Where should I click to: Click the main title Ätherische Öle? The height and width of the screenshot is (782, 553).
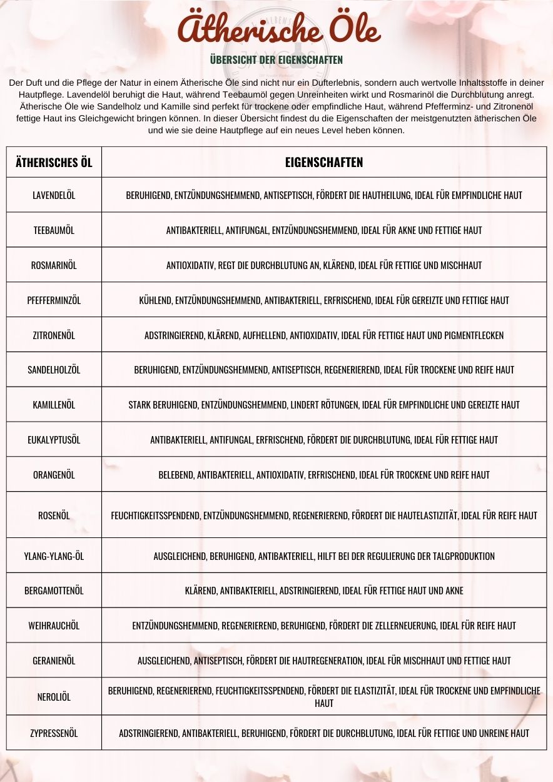pos(278,29)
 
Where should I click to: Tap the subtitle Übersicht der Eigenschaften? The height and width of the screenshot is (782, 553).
pos(276,60)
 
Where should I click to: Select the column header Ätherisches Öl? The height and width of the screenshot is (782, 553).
pos(54,163)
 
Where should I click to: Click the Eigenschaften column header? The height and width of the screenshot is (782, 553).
pos(323,163)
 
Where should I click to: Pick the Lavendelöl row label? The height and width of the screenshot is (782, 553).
pos(54,195)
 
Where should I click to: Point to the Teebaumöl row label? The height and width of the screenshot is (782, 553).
pos(54,230)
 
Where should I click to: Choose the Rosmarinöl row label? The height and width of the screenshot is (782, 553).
pos(54,265)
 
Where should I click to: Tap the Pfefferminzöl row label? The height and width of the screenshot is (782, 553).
pos(54,300)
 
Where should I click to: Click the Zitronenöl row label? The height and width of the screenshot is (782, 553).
pos(54,335)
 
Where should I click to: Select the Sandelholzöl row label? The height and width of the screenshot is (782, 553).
pos(54,370)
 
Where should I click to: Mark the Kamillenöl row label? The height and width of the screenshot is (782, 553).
pos(54,405)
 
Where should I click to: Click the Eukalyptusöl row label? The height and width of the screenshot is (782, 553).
pos(54,440)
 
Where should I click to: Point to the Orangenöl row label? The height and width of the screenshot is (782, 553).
pos(54,475)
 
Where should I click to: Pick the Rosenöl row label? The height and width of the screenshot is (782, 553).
pos(54,515)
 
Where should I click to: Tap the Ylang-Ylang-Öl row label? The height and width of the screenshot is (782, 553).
pos(54,556)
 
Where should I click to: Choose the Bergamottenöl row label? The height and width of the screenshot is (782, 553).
pos(54,591)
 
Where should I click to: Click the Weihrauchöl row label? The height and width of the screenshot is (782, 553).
pos(54,626)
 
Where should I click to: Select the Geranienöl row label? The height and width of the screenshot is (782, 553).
pos(54,661)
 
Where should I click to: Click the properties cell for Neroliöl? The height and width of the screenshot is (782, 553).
pos(323,697)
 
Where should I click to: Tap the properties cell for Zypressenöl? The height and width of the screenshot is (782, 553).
pos(323,733)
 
